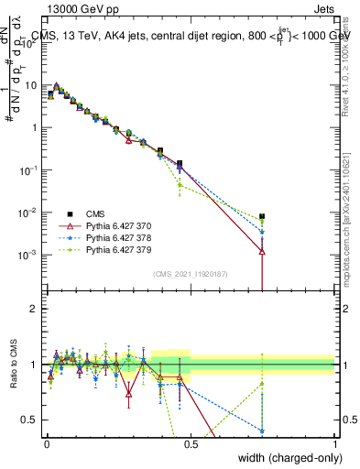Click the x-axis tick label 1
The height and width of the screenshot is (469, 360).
coord(334,442)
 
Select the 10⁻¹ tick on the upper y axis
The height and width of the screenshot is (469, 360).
coord(29,169)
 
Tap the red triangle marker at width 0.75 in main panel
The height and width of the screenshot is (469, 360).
coord(262,251)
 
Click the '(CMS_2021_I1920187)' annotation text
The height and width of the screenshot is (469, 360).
coord(190,273)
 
